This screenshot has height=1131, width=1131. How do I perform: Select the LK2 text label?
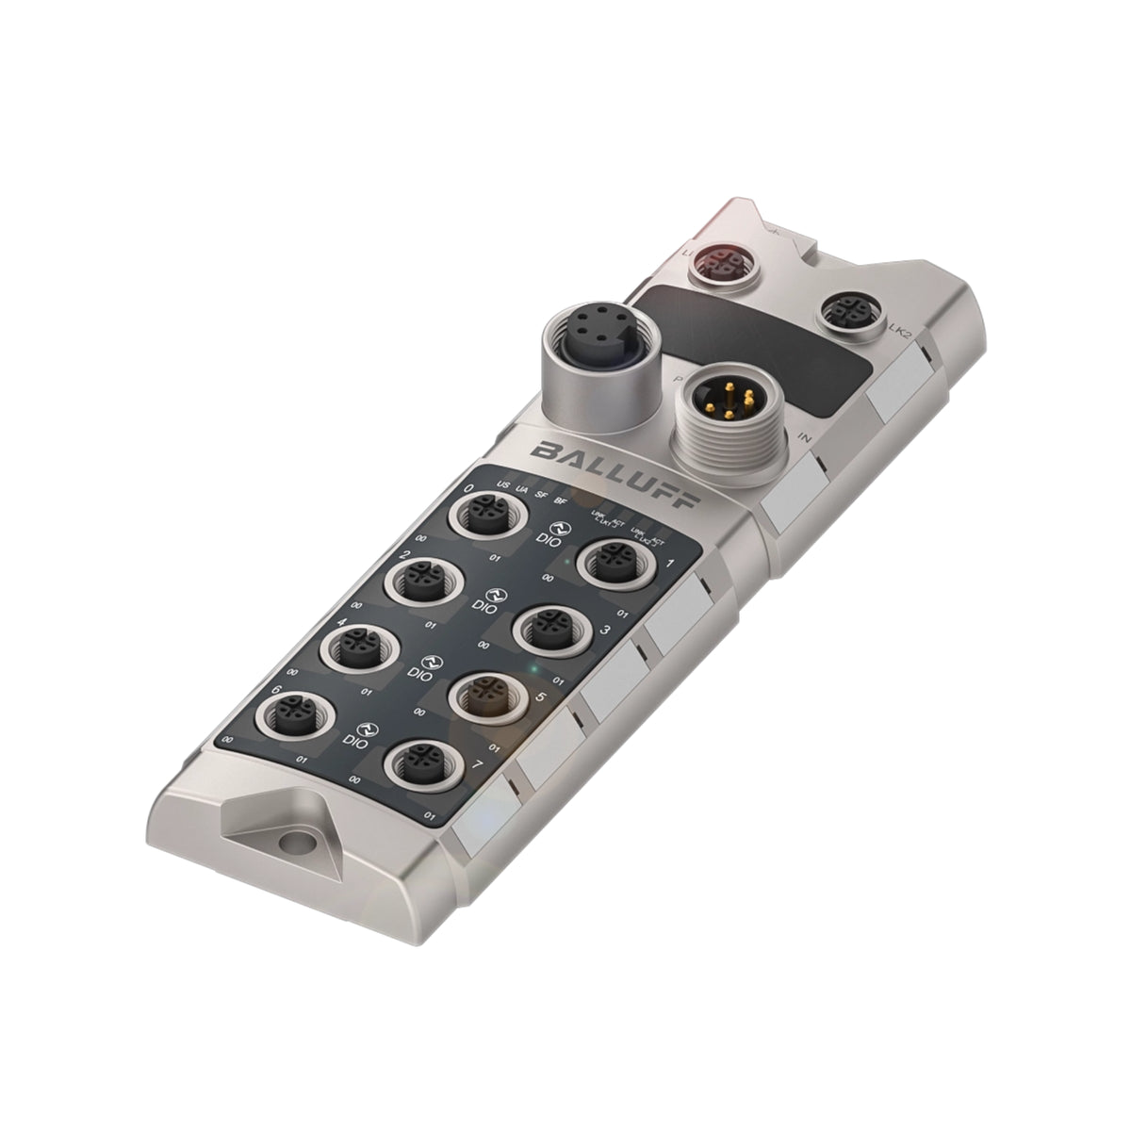(900, 332)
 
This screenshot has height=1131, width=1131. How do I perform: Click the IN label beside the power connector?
(805, 437)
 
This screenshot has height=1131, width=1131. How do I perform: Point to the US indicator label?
(503, 485)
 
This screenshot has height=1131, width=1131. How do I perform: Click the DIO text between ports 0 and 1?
(545, 540)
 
